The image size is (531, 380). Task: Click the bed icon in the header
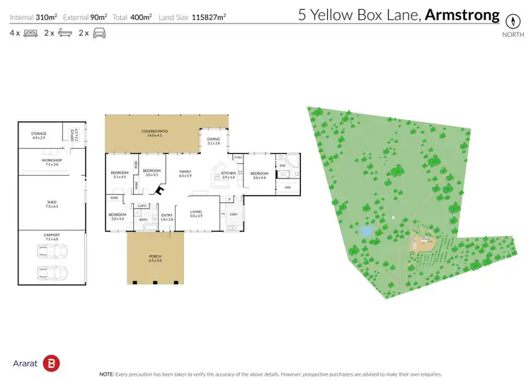(x=30, y=33)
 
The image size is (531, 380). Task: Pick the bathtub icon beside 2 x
(x=64, y=33)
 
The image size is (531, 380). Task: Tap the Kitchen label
(x=228, y=174)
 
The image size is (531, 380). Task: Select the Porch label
(x=155, y=257)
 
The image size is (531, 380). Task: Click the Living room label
(x=196, y=211)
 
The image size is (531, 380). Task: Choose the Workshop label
(x=52, y=161)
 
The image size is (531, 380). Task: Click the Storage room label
(x=38, y=134)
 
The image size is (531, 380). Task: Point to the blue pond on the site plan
(x=365, y=231)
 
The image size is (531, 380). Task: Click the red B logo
(x=51, y=362)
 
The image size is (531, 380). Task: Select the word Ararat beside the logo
(x=25, y=363)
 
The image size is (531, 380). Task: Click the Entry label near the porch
(x=167, y=216)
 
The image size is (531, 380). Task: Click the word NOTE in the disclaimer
(x=108, y=374)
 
